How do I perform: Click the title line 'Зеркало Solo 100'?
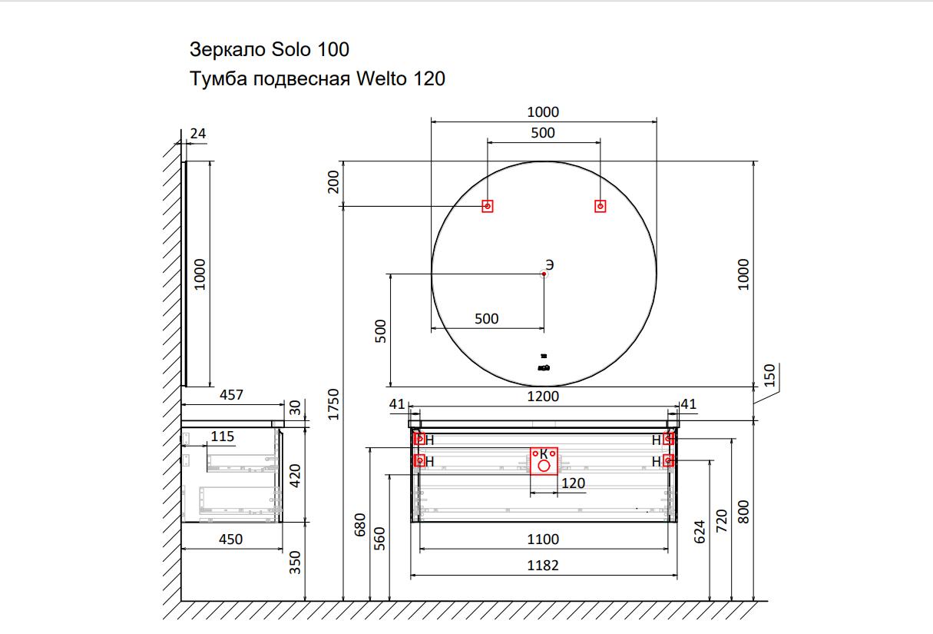pos(269,50)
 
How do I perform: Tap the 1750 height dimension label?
pos(333,404)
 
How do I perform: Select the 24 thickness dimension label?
pos(198,134)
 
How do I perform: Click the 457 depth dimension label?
pos(231,395)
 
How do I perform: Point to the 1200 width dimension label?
pos(543,397)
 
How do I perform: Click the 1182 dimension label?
pos(543,566)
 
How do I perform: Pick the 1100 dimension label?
pos(543,539)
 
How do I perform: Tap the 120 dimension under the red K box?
pos(573,483)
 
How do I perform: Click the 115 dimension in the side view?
pos(223,436)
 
